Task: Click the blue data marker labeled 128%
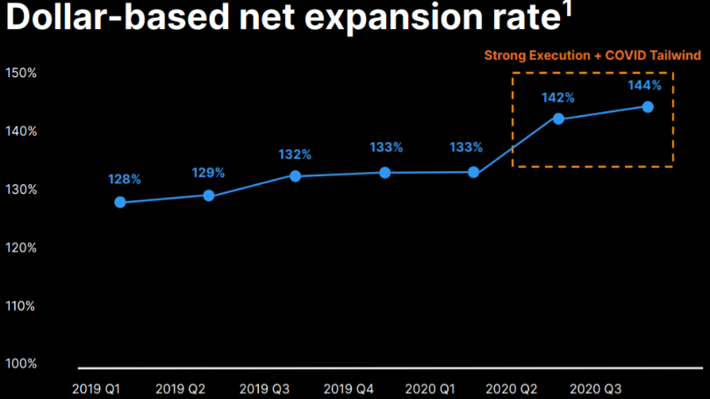[x=120, y=203]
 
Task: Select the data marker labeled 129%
[x=209, y=196]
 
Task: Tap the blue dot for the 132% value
[x=295, y=176]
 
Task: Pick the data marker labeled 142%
[x=559, y=118]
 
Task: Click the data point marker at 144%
[x=648, y=107]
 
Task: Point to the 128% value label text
[x=125, y=180]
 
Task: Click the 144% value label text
[x=644, y=85]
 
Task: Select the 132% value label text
[x=295, y=154]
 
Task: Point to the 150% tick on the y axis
[x=21, y=73]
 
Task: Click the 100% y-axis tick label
[x=21, y=364]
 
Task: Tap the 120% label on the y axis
[x=21, y=247]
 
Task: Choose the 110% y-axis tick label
[x=20, y=306]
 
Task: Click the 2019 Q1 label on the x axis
[x=96, y=389]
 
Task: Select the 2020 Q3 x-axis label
[x=595, y=389]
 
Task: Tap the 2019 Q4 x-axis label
[x=348, y=389]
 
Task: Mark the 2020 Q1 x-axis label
[x=430, y=389]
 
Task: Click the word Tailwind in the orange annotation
[x=676, y=55]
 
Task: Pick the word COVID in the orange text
[x=626, y=55]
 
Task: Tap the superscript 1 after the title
[x=567, y=9]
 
